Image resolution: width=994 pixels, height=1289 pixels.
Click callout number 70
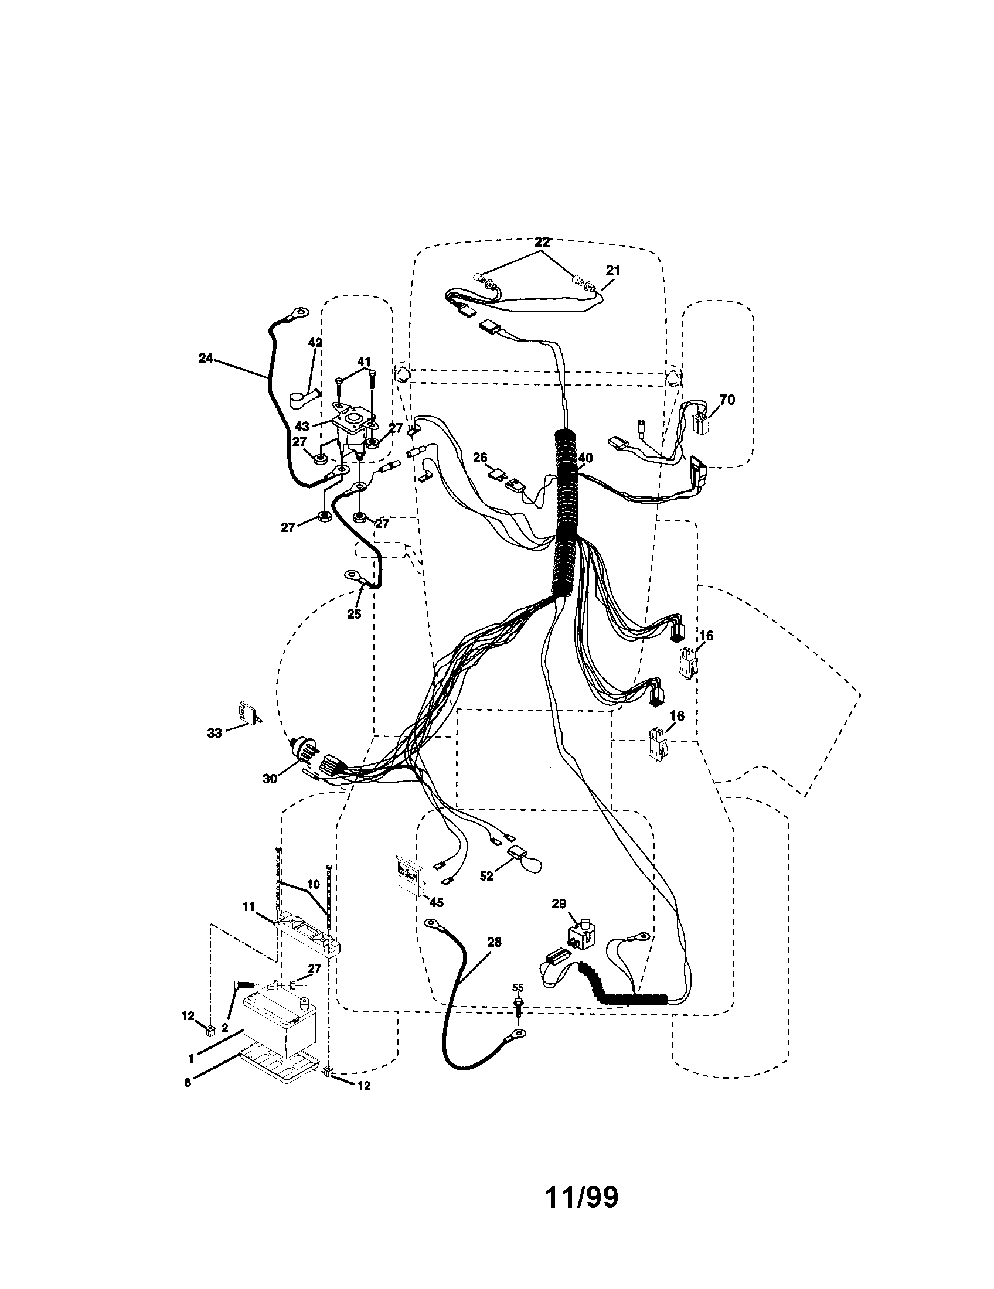tap(727, 400)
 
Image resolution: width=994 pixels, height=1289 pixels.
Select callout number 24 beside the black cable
tap(205, 357)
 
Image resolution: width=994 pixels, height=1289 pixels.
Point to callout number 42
tap(315, 342)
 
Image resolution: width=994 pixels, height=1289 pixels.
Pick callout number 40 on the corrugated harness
tap(585, 458)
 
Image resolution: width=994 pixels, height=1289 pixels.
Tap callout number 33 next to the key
tap(215, 732)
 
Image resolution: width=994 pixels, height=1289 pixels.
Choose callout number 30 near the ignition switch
tap(270, 779)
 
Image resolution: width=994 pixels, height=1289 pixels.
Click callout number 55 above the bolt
tap(518, 987)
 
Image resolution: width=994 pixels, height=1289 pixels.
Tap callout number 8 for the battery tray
tap(188, 1082)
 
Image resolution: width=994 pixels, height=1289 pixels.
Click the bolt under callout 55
tap(519, 1005)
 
